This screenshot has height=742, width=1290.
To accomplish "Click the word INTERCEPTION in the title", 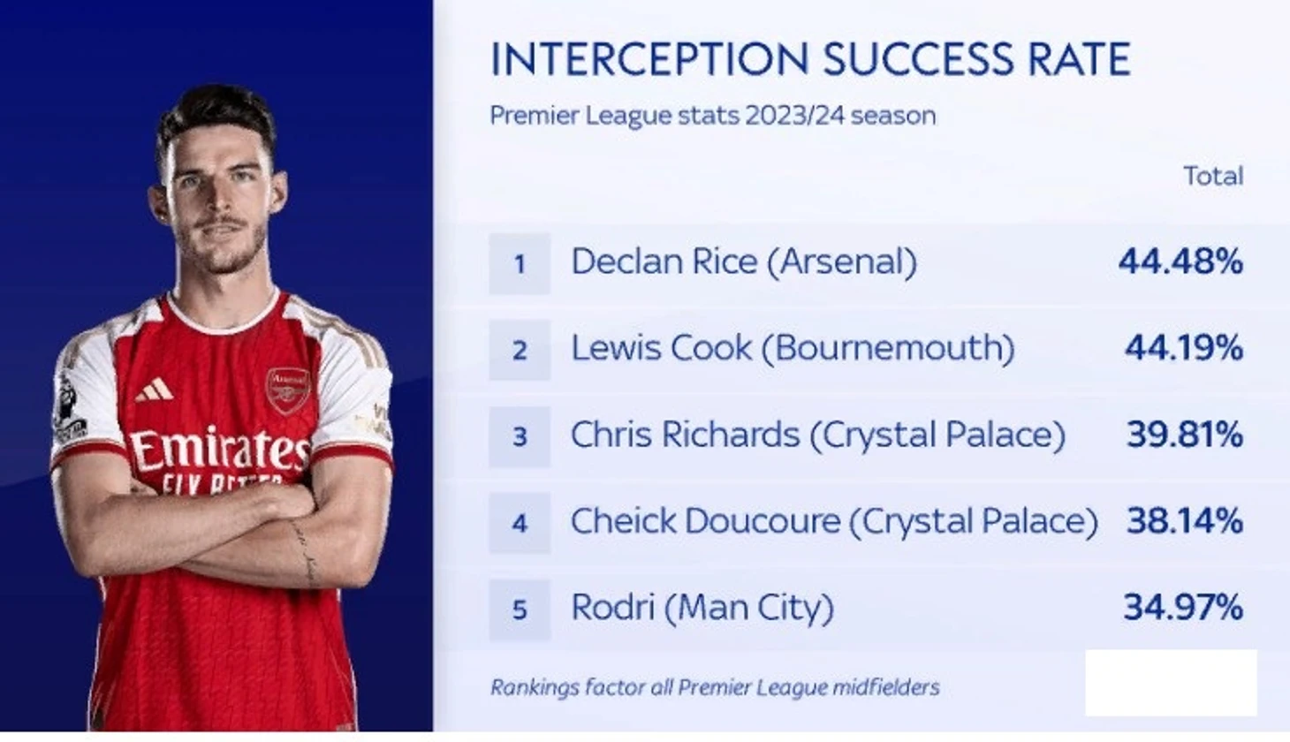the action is [650, 58].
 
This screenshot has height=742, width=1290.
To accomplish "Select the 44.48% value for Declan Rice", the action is [1180, 262].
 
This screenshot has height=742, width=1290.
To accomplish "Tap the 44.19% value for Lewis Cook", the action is [1184, 348].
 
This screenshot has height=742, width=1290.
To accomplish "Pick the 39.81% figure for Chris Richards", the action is [1185, 435].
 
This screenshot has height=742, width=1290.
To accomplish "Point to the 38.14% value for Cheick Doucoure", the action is [1185, 521].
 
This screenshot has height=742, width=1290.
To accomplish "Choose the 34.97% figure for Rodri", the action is [1183, 608].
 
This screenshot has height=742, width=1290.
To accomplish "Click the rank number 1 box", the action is [520, 263].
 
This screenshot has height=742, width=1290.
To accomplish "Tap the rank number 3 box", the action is [520, 436].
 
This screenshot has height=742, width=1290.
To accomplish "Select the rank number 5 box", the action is [520, 609].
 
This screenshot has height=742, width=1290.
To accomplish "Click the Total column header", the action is [1213, 176].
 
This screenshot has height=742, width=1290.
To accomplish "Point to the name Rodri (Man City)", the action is [702, 608].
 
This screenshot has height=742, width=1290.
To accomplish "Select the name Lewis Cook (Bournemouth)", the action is [793, 349].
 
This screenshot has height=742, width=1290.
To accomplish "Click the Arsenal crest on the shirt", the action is [287, 390].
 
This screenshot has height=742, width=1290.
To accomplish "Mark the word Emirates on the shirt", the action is [219, 449].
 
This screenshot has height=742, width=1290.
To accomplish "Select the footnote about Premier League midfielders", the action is [715, 687].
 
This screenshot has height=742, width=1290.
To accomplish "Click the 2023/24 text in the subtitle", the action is [794, 116].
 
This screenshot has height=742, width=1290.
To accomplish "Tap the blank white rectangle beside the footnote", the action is [1171, 683].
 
